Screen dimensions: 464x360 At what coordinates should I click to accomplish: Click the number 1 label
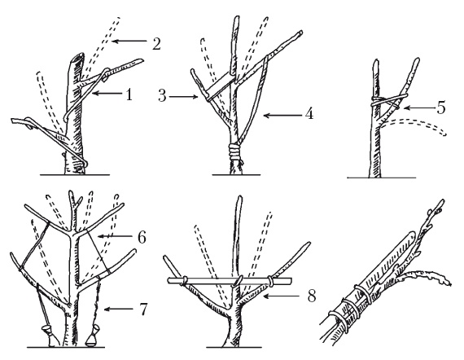pos(129,95)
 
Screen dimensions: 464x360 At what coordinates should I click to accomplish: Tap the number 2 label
pos(155,43)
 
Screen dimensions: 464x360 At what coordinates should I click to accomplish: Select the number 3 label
pos(162,96)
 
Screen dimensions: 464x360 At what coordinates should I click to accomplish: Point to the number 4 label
pos(309,113)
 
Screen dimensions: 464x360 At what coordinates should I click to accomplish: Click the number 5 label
pos(441,108)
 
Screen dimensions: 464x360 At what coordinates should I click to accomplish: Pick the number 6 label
pos(142,237)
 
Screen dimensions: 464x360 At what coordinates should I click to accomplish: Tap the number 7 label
pos(142,310)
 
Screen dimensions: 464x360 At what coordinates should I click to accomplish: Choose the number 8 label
pos(311,296)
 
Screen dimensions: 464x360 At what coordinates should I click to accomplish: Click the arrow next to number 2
pos(129,42)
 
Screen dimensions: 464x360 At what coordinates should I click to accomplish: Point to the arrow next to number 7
pos(118,310)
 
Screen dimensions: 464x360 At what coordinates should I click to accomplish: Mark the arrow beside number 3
pos(183,96)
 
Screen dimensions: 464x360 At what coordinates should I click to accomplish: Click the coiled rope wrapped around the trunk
pos(235,151)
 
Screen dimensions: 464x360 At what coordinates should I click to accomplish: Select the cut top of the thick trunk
pos(78,56)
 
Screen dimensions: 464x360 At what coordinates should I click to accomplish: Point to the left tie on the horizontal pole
pos(184,281)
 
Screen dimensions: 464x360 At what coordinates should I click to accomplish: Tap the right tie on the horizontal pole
pos(271,281)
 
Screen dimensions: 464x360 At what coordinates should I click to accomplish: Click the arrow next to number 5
pos(418,108)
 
